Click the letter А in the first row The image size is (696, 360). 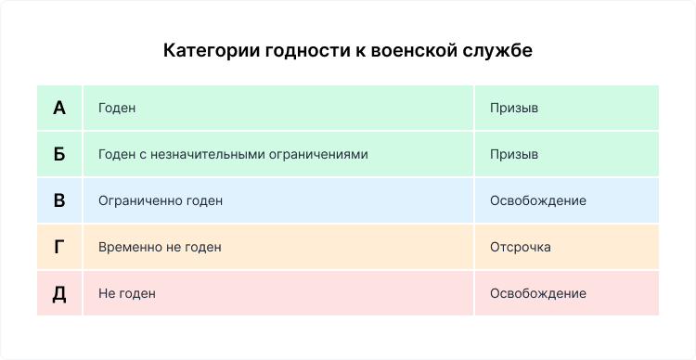click(59, 108)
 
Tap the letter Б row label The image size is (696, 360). click(59, 154)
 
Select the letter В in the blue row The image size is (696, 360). click(59, 200)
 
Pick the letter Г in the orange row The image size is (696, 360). click(59, 248)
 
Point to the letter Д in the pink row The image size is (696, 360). click(59, 293)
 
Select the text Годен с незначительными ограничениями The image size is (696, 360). click(232, 154)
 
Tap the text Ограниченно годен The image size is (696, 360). click(160, 200)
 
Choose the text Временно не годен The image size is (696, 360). click(159, 248)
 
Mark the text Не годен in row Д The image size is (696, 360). click(126, 293)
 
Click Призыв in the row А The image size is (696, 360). click(514, 108)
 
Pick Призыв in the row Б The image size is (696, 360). click(514, 154)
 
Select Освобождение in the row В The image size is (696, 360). click(537, 200)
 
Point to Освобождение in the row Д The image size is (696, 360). click(537, 293)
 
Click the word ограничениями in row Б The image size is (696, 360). click(322, 154)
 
